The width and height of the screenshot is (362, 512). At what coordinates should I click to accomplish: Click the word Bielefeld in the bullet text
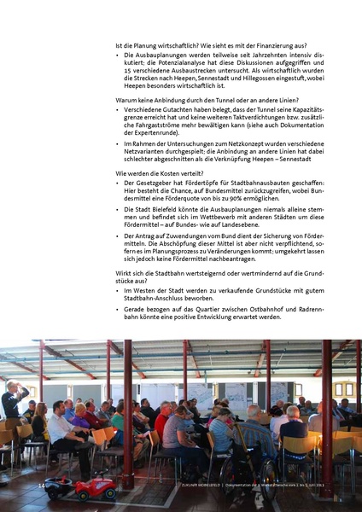coord(169,209)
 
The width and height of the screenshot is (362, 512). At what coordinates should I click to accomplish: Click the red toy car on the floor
coord(96,488)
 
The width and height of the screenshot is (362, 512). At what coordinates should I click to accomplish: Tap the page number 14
coord(41,486)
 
